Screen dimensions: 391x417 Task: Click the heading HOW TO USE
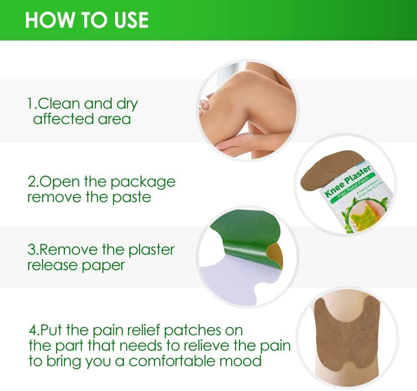pos(86,20)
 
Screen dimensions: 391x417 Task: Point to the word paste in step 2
pos(131,197)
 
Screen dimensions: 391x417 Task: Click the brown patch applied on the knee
pos(347,334)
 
